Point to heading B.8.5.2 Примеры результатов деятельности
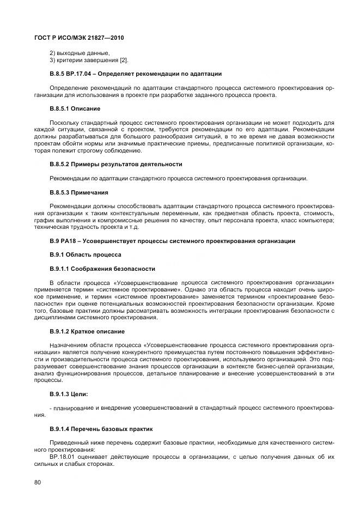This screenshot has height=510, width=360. tap(115, 164)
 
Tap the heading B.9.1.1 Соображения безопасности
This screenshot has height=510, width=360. tap(102, 269)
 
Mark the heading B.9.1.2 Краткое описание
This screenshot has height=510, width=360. tap(87, 331)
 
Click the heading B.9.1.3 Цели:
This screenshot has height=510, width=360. tap(69, 393)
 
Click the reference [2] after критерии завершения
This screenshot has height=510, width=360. tap(124, 60)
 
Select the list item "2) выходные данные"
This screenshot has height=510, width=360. tap(80, 53)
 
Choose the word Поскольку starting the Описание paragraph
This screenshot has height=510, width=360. tap(65, 123)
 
